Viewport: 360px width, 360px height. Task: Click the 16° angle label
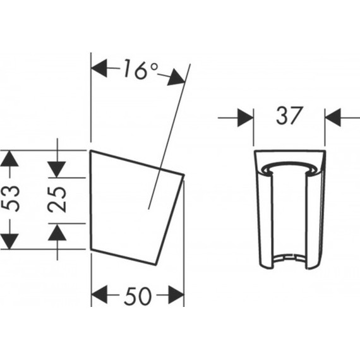coord(141,69)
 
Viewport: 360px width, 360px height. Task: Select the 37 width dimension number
coord(289,116)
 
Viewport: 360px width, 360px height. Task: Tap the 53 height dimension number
coord(10,198)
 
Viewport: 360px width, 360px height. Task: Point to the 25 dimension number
coord(57,200)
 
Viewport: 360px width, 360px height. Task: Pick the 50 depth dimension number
coord(138,296)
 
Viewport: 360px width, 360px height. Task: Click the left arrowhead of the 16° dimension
coord(99,68)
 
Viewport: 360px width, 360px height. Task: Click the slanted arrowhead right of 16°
coord(176,77)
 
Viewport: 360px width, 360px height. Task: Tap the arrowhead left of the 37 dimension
coord(245,118)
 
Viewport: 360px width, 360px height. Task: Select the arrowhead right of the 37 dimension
coord(333,117)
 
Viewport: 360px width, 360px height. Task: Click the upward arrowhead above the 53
coord(9,159)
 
